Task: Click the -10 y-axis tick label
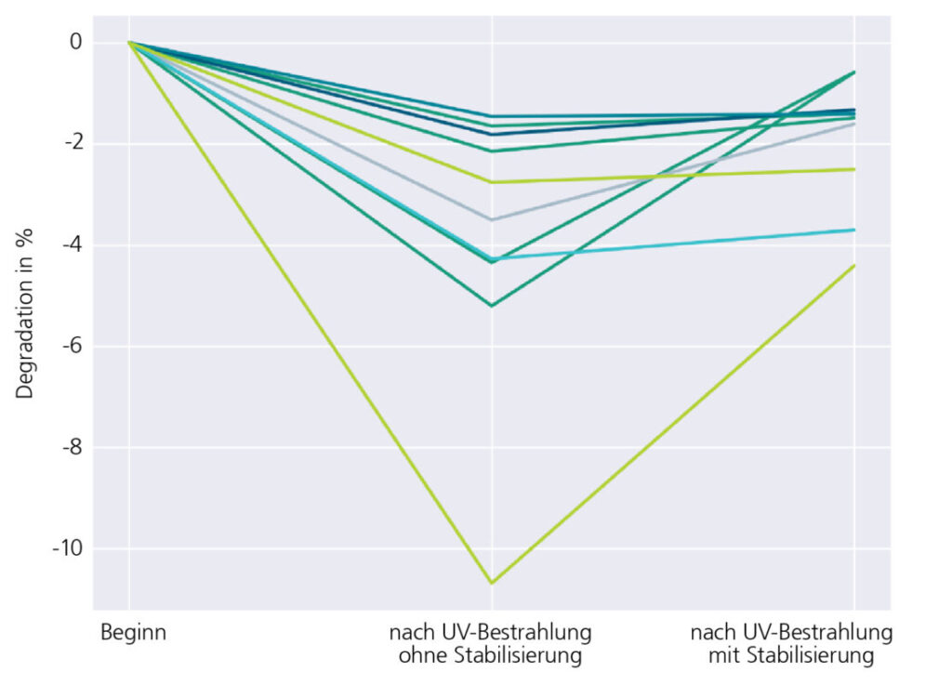[68, 549]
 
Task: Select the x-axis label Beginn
[132, 634]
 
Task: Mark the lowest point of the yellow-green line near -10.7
[492, 584]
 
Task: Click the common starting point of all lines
[129, 42]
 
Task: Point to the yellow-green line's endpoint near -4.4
[855, 265]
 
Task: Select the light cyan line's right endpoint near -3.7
[855, 230]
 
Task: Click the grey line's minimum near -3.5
[492, 219]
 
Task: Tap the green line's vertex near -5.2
[492, 306]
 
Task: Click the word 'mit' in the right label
[722, 656]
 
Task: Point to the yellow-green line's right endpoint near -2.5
[855, 169]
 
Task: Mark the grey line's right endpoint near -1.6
[855, 124]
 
